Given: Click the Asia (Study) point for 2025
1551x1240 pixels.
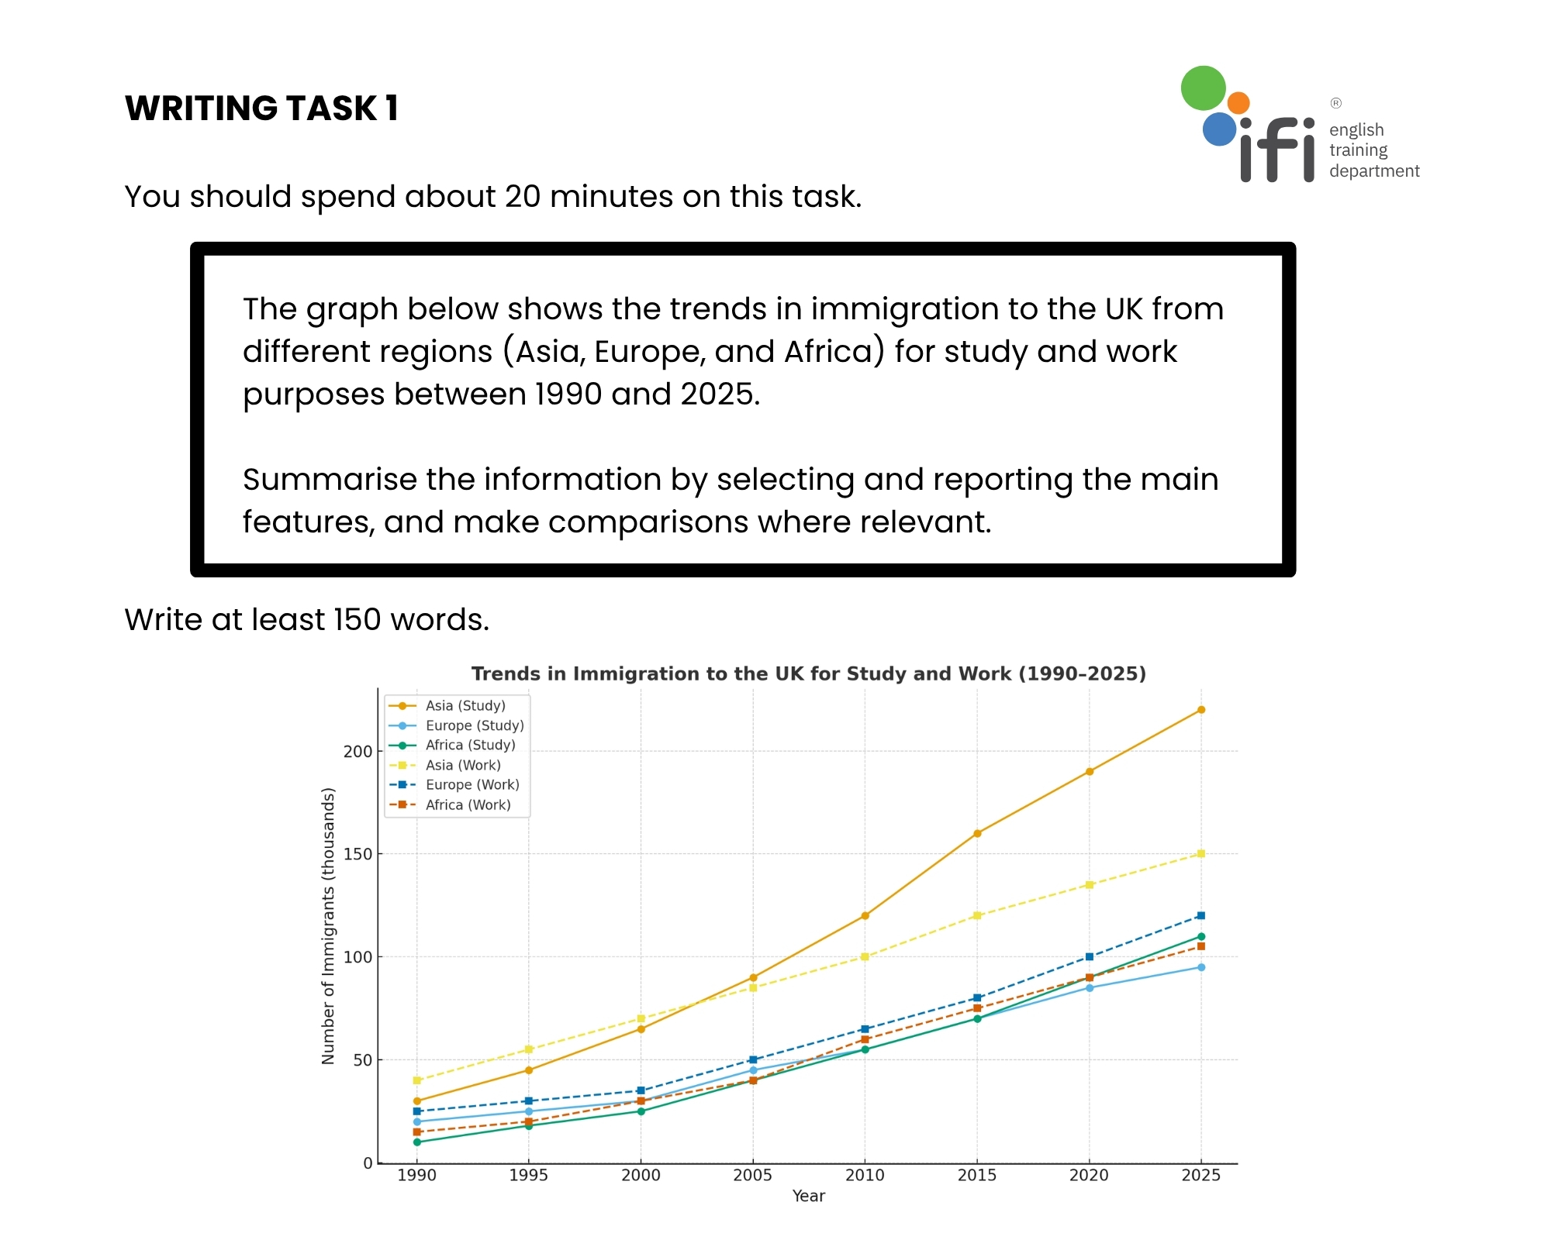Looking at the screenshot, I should point(1200,710).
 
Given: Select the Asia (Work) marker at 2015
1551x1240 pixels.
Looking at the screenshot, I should point(977,915).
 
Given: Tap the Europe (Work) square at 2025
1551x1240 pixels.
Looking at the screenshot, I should point(1200,915).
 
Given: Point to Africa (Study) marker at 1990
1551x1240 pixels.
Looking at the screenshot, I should point(417,1142).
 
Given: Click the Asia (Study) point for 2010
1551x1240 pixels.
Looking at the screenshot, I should point(865,915).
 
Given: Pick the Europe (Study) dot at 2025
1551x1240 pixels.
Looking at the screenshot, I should point(1200,967).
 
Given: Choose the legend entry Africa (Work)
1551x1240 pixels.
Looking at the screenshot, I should point(468,804).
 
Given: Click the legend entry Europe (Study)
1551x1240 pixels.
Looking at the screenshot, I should point(475,725).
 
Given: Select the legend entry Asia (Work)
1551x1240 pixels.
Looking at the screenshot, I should point(463,765).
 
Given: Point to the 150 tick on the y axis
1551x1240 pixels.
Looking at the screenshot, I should point(358,854).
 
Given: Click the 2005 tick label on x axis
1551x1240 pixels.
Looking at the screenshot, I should point(752,1175).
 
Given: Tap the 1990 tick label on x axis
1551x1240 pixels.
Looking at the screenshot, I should point(417,1175).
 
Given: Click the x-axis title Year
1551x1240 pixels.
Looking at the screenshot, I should point(808,1196).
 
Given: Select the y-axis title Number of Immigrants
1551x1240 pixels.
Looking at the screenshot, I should point(328,926).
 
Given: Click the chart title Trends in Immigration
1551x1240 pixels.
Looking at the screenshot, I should point(808,673).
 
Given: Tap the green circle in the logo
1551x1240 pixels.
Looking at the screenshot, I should point(1203,88).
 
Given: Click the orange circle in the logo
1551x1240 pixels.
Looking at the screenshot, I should point(1238,103).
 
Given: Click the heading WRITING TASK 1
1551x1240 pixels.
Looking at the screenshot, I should point(261,108).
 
